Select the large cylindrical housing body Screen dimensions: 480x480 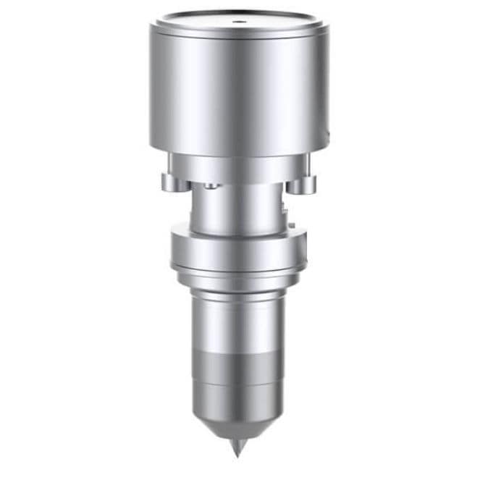239,94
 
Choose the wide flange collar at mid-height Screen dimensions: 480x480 240,250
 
